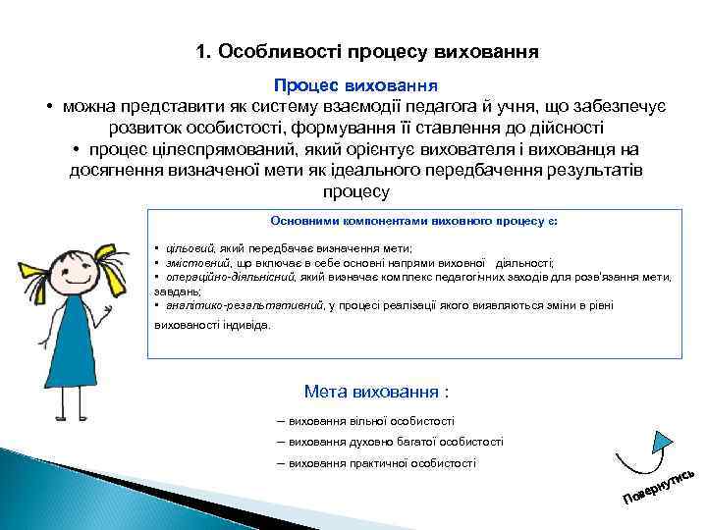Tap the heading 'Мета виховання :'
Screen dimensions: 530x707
(376, 393)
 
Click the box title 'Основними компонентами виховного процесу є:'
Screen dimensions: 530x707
(414, 221)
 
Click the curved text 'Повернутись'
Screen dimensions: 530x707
(660, 482)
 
